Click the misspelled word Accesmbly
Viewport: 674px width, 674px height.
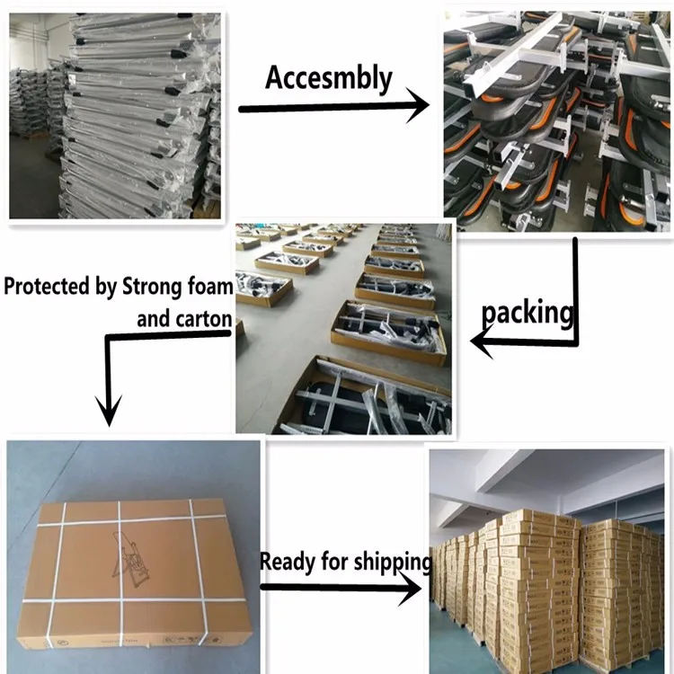click(329, 78)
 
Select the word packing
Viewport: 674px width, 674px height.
click(528, 314)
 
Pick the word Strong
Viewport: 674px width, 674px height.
click(148, 288)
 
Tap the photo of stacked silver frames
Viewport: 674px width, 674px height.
click(114, 116)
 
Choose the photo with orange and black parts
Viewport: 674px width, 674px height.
click(557, 119)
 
